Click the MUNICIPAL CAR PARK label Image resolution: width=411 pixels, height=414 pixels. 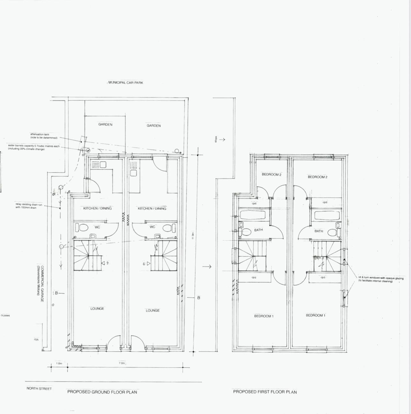click(126, 83)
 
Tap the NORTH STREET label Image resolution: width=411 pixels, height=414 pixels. click(39, 389)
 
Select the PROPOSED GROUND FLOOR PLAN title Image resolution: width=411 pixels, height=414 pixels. click(102, 392)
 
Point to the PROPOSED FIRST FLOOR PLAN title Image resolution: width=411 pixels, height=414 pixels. click(265, 392)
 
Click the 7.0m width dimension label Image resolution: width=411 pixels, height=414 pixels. click(122, 363)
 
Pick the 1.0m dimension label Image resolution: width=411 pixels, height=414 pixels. click(59, 363)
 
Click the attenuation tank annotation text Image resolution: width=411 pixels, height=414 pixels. click(44, 136)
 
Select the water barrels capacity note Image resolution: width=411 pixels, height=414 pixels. click(34, 148)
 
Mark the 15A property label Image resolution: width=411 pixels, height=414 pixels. click(36, 340)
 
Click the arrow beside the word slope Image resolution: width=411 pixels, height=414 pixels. click(222, 139)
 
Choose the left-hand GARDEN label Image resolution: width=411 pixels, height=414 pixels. click(105, 125)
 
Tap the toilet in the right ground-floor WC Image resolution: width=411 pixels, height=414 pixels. click(167, 228)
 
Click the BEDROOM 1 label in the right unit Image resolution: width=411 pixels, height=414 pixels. click(315, 316)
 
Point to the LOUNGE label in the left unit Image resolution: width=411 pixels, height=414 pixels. click(97, 309)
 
